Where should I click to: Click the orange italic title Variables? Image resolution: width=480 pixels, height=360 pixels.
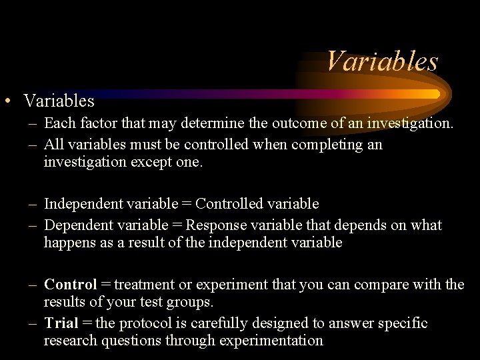click(x=382, y=62)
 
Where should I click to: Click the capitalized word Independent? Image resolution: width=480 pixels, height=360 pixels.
click(x=83, y=204)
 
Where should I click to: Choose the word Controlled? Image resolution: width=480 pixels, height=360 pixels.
click(x=231, y=204)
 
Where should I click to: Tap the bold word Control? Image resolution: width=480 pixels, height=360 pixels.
click(x=71, y=285)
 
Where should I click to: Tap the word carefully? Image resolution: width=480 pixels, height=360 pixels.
click(x=216, y=323)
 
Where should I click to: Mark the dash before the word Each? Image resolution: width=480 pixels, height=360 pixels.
click(x=33, y=124)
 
